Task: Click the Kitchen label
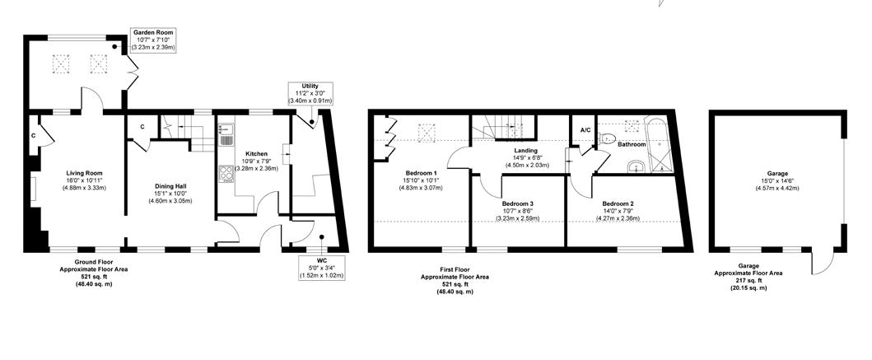coord(256,154)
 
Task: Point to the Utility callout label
coord(310,86)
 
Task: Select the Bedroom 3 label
coord(519,203)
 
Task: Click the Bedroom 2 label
coord(617,203)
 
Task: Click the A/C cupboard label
coord(585,130)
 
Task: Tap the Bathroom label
coord(632,145)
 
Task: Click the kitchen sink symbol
coord(226,133)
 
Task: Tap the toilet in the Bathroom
coord(608,138)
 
